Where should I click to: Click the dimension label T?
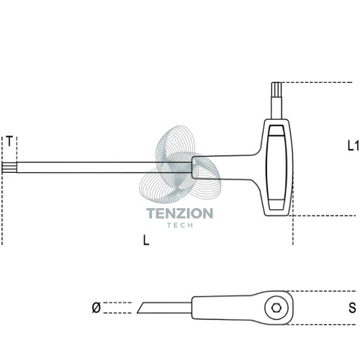click(x=9, y=141)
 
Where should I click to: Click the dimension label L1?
click(x=354, y=145)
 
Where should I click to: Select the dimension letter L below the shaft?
click(x=146, y=240)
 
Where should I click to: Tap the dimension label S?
click(x=352, y=308)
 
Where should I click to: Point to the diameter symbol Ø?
click(x=96, y=307)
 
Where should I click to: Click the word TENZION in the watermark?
click(x=179, y=213)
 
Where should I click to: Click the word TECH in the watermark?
click(x=180, y=225)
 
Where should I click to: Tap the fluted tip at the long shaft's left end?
click(x=9, y=167)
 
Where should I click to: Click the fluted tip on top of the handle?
click(x=276, y=89)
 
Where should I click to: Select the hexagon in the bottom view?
click(x=276, y=307)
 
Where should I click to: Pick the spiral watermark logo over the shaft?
click(x=180, y=164)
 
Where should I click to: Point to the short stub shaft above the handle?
click(x=276, y=107)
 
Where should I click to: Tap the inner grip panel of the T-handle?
click(x=276, y=168)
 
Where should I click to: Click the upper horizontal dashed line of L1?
click(x=317, y=83)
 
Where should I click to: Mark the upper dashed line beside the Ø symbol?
click(x=117, y=302)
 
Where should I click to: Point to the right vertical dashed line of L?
click(x=293, y=230)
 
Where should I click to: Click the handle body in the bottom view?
click(x=243, y=307)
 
